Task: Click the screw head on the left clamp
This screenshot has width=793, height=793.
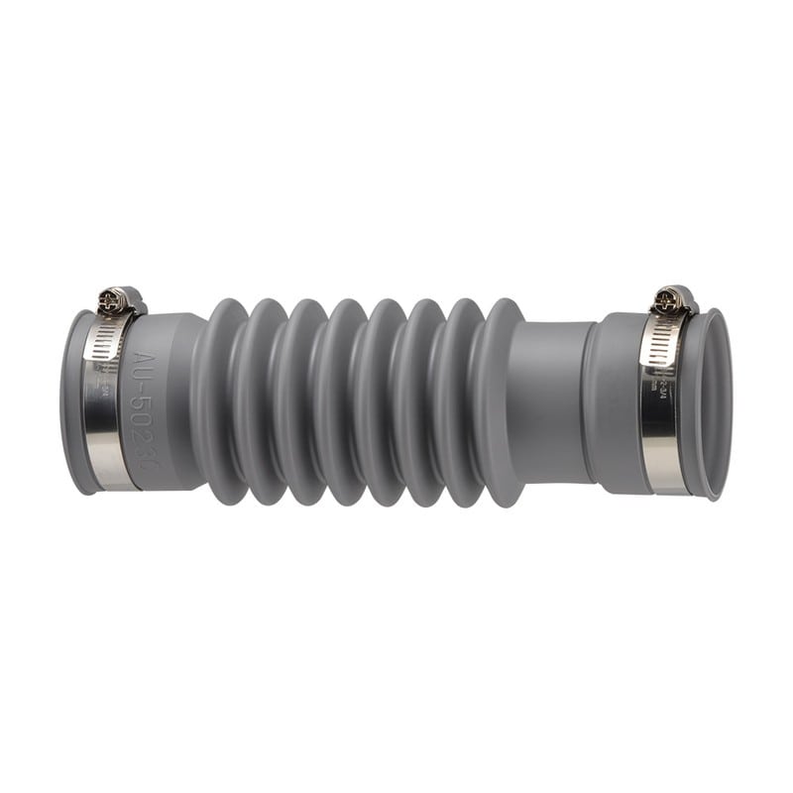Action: pos(117,298)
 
